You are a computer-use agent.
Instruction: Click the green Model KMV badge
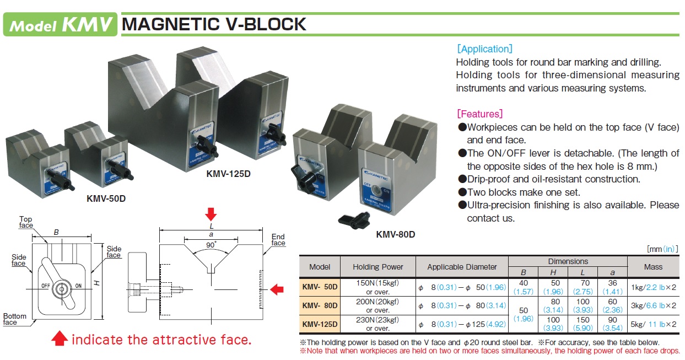point(60,24)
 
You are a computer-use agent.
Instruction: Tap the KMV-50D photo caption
point(106,198)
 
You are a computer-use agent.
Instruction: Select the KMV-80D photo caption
point(395,234)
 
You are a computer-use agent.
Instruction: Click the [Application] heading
point(484,49)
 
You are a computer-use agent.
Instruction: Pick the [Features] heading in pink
point(479,114)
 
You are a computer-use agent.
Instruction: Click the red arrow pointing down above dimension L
point(211,213)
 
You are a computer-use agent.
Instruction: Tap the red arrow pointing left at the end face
point(278,288)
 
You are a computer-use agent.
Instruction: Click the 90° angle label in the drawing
point(211,244)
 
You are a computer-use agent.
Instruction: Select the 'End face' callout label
point(278,240)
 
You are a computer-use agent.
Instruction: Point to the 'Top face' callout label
point(26,222)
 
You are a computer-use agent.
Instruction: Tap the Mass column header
point(653,267)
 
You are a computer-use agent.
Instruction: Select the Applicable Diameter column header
point(462,267)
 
